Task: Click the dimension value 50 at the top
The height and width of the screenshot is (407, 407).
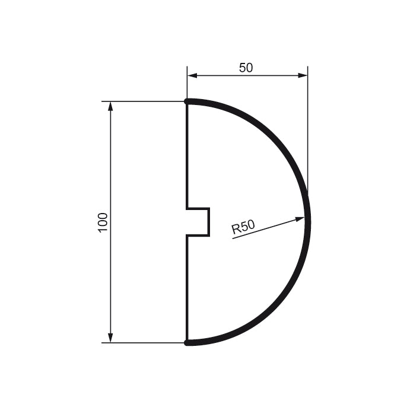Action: pos(246,68)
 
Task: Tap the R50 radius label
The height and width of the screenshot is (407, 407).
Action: pos(243,227)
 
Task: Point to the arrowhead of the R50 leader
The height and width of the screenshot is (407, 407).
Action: pos(300,219)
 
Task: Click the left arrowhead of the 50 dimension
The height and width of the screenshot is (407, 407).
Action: pos(192,75)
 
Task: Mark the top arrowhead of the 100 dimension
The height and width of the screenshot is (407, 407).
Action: pos(110,106)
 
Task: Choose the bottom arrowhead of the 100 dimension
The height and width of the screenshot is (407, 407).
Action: pos(110,338)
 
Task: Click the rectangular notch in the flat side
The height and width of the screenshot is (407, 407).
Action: pos(198,222)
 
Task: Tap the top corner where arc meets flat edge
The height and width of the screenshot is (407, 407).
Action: pos(187,101)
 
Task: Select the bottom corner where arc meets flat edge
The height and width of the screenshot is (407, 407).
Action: pos(187,342)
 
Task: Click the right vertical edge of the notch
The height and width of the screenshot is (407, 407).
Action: pos(209,222)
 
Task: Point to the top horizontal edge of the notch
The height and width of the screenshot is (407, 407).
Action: pos(198,208)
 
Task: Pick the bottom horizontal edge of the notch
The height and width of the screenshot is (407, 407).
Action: pos(198,236)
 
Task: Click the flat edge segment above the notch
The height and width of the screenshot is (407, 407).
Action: pos(187,154)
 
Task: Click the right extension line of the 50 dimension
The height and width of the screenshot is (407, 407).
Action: pos(307,131)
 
